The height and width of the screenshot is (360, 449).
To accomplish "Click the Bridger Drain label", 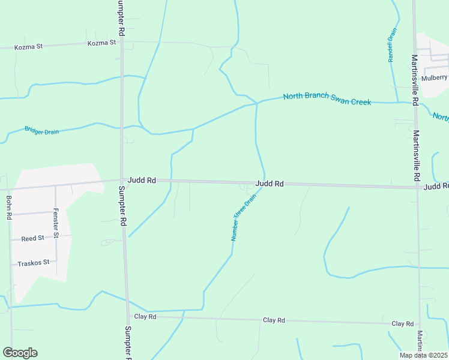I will [42, 130].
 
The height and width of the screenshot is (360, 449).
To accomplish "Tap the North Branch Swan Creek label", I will [327, 98].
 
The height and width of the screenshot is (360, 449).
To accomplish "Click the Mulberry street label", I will [435, 78].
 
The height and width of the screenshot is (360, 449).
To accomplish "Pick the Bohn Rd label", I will [9, 207].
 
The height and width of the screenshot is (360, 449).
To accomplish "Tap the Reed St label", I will [32, 238].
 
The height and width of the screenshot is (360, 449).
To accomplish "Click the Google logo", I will [20, 353].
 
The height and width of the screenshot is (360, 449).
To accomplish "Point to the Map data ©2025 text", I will [424, 355].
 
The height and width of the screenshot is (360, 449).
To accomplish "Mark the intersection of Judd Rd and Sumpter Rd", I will [122, 179].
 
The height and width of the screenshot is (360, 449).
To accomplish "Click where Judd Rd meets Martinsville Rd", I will [417, 187].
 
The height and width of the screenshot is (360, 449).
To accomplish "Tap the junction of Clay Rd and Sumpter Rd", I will [127, 316].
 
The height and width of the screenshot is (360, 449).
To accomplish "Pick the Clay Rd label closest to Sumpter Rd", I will [145, 316].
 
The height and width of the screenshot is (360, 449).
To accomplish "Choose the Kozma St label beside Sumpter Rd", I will [101, 43].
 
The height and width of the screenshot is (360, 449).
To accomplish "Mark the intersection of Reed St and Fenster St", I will [56, 237].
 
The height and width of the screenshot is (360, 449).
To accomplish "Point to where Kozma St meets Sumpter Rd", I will [121, 43].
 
